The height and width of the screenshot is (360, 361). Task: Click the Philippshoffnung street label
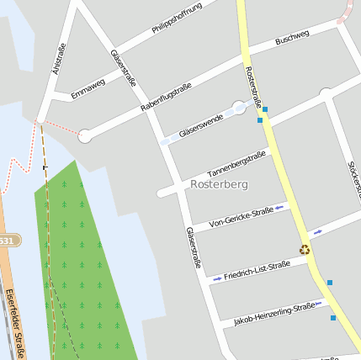pos(178,19)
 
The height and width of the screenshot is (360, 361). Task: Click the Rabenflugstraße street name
pos(167,97)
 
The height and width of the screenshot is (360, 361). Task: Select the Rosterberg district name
pos(219,183)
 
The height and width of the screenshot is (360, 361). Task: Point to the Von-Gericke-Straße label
pos(241,216)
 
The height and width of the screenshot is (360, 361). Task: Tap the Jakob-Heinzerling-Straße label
pos(274,312)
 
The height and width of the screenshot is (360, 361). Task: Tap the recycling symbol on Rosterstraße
pos(305,248)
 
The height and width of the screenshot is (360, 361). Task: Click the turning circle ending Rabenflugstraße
pos(84,135)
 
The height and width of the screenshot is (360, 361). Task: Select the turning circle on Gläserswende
pos(240,107)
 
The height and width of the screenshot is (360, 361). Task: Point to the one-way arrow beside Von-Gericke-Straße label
pos(279,205)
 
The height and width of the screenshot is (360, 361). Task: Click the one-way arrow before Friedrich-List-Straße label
pos(217,278)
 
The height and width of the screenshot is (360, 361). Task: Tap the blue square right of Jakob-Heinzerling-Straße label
pos(333,318)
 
